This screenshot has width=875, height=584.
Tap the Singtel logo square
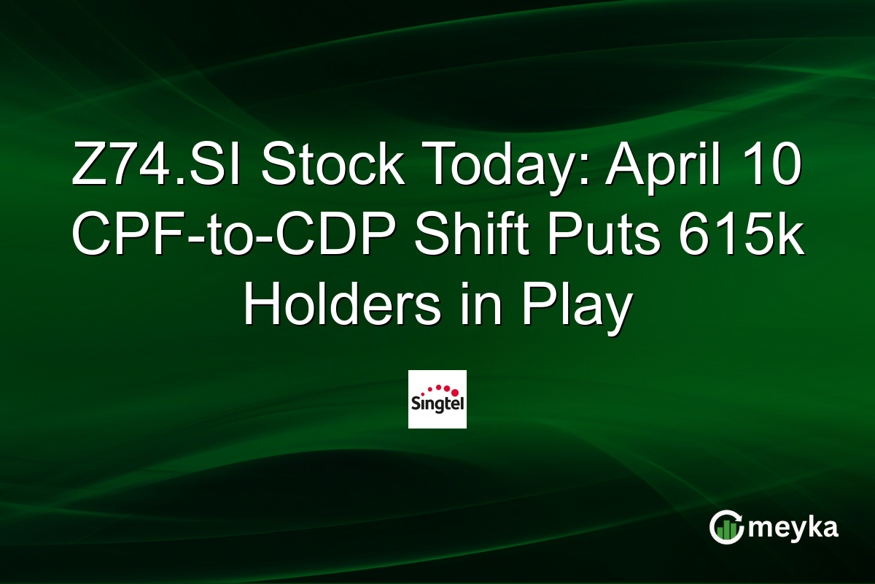pos(437,399)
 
